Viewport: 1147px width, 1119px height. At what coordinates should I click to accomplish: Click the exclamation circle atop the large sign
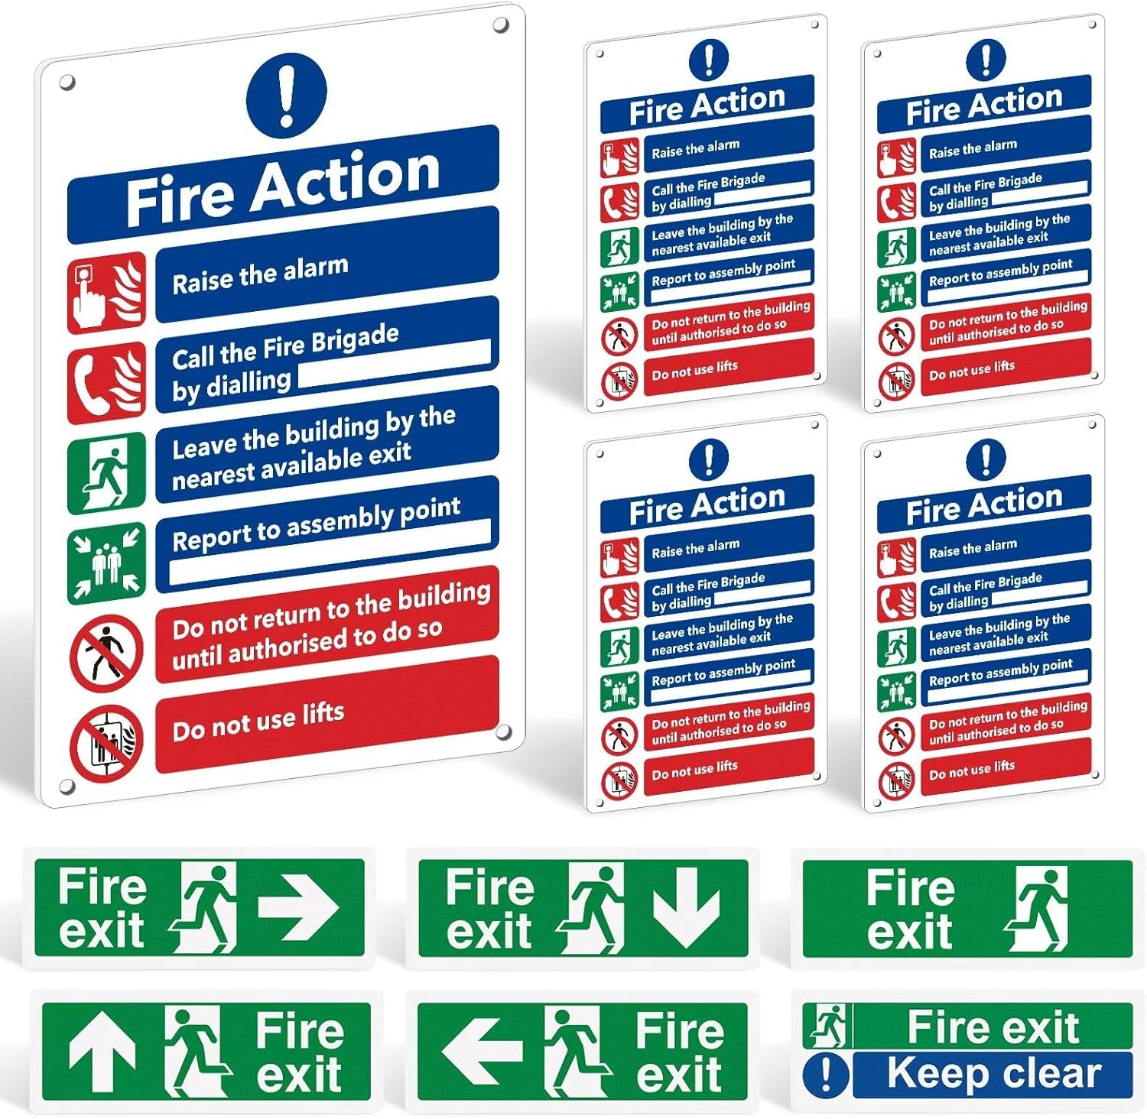pyautogui.click(x=286, y=96)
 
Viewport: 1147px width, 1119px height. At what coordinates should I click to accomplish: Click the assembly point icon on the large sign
pyautogui.click(x=106, y=563)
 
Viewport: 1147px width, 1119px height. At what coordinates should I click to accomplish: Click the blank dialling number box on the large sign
pyautogui.click(x=394, y=365)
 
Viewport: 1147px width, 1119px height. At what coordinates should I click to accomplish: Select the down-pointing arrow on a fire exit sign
pyautogui.click(x=686, y=907)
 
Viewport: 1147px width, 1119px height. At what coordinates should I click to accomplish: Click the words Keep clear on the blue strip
pyautogui.click(x=994, y=1073)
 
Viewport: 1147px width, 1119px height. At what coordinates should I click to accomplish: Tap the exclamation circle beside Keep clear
pyautogui.click(x=826, y=1074)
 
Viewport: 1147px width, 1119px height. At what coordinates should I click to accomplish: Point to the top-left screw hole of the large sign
pyautogui.click(x=67, y=82)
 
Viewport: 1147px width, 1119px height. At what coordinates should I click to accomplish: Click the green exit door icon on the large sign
pyautogui.click(x=106, y=472)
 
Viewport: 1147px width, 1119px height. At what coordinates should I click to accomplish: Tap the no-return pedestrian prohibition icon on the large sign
pyautogui.click(x=106, y=653)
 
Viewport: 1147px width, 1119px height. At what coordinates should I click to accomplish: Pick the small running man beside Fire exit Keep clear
pyautogui.click(x=828, y=1026)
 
